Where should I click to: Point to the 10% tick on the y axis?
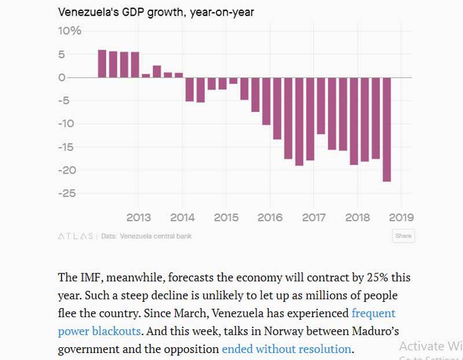pos(69,31)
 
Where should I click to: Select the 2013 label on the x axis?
pos(138,218)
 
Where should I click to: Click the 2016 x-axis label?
pos(270,218)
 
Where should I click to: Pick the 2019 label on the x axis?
pos(401,218)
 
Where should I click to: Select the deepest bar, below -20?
pos(387,130)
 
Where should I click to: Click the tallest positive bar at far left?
pos(102,64)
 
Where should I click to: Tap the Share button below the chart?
pos(403,236)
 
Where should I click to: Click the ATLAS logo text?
pos(75,236)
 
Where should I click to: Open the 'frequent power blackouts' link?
pos(374,313)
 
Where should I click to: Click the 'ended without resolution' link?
pos(286,349)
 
